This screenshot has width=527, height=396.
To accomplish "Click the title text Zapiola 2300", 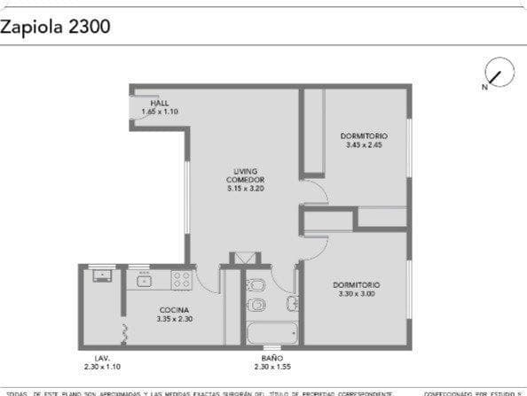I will [x=55, y=27].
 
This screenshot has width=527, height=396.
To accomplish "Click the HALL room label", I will [x=160, y=103].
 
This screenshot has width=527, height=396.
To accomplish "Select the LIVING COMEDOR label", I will [x=245, y=175].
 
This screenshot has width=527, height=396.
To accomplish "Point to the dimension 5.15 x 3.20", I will [x=245, y=188].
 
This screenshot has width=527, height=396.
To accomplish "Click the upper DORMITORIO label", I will [x=364, y=136].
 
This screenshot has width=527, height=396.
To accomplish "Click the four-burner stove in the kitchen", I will [x=182, y=280].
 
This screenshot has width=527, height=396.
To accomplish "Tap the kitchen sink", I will [x=143, y=281].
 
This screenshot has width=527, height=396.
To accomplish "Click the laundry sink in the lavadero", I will [x=103, y=275].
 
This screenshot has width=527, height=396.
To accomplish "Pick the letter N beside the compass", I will [x=484, y=87].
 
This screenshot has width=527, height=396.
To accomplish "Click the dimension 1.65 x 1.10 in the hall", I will [x=160, y=112].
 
